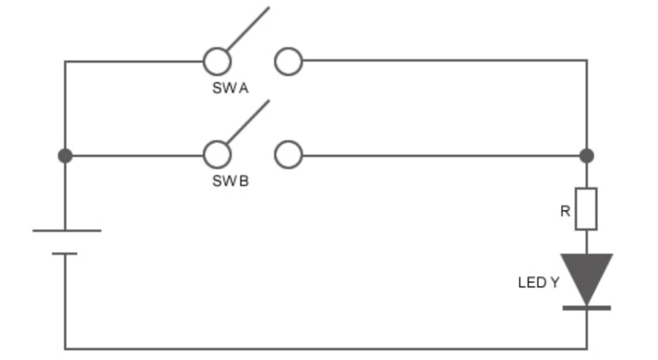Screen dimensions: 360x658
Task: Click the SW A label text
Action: [230, 88]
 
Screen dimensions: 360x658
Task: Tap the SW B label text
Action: [230, 182]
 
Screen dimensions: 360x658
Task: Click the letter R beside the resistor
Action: [565, 211]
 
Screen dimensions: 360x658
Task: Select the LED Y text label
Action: [538, 283]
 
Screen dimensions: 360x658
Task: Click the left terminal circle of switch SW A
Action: [217, 62]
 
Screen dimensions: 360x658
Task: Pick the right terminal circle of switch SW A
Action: [288, 62]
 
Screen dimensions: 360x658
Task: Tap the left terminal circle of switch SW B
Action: [217, 155]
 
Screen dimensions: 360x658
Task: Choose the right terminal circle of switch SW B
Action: [288, 155]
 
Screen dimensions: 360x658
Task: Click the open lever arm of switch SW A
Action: [249, 28]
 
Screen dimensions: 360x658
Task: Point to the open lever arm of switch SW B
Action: [249, 121]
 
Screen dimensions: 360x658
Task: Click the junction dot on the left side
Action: [65, 156]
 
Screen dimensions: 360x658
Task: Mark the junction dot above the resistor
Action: [587, 156]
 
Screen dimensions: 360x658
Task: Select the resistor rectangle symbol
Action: [586, 209]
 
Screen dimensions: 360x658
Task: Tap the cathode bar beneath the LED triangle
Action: [586, 308]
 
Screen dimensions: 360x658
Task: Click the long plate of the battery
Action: [67, 231]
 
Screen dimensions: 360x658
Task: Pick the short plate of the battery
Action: [65, 253]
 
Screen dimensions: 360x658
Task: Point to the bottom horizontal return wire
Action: [323, 349]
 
